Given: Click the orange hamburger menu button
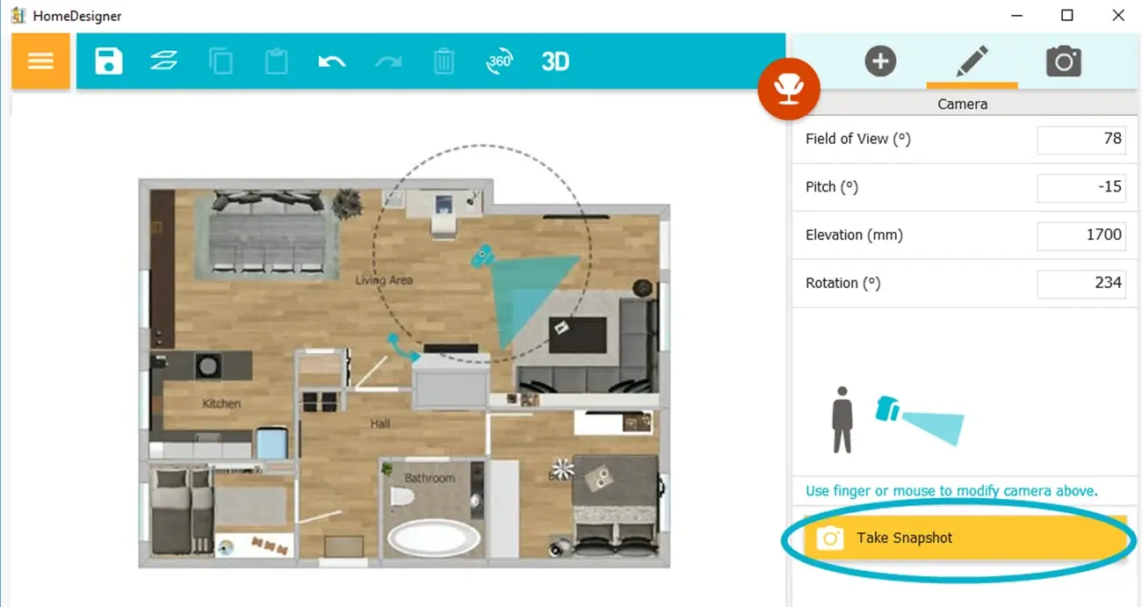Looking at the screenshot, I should point(40,61).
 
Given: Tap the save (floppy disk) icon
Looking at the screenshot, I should point(109,61).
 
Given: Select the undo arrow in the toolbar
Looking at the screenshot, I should point(331,61).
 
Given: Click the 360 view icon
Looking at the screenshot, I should point(499,61).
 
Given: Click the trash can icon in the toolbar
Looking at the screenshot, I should point(445,61).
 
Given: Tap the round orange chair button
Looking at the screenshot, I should point(789,88).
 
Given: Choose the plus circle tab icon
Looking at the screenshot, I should point(880,61).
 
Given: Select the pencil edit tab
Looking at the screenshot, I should point(972,61).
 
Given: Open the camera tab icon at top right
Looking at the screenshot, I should point(1063,61).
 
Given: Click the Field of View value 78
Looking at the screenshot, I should point(1081,139).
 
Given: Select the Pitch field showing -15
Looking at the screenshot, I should point(1081,187).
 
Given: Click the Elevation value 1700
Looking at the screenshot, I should point(1081,235).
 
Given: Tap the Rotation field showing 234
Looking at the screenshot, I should point(1081,283).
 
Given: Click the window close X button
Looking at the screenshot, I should point(1117,16).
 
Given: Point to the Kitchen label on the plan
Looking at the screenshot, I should point(221,404).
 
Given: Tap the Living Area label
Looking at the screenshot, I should point(384,280).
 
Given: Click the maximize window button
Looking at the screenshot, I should point(1067,16).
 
